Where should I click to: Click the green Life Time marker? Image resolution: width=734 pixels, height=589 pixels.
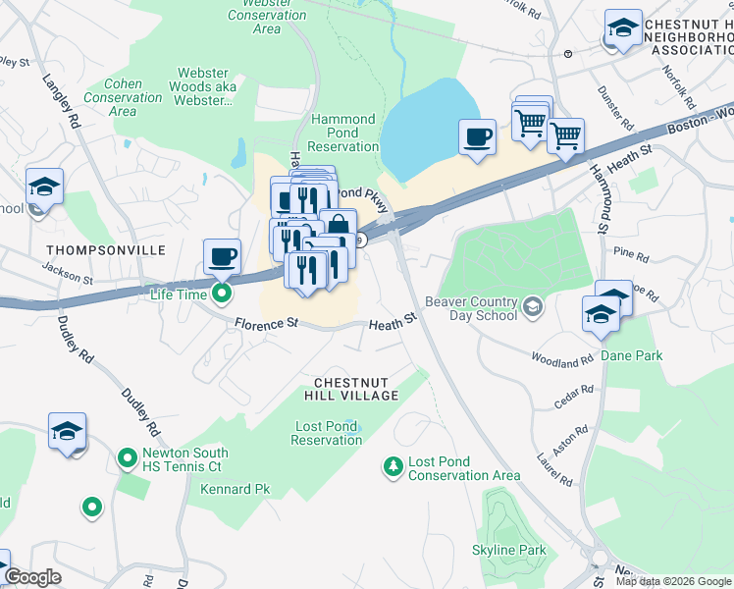click(223, 293)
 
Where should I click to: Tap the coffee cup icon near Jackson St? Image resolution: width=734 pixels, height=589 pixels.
click(222, 257)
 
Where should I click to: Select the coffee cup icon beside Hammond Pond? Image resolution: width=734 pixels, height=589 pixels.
click(478, 136)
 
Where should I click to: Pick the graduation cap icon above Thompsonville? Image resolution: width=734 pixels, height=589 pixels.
click(43, 186)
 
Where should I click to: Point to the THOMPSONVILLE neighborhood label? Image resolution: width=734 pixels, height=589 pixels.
click(105, 251)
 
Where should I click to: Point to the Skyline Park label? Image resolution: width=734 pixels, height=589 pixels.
click(508, 550)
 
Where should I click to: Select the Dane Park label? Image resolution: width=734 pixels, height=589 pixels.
click(632, 355)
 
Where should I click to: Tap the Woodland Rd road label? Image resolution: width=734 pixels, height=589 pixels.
click(561, 359)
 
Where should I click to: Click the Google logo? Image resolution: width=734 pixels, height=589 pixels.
click(31, 577)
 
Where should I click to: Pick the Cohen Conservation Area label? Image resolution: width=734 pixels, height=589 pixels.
click(124, 97)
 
